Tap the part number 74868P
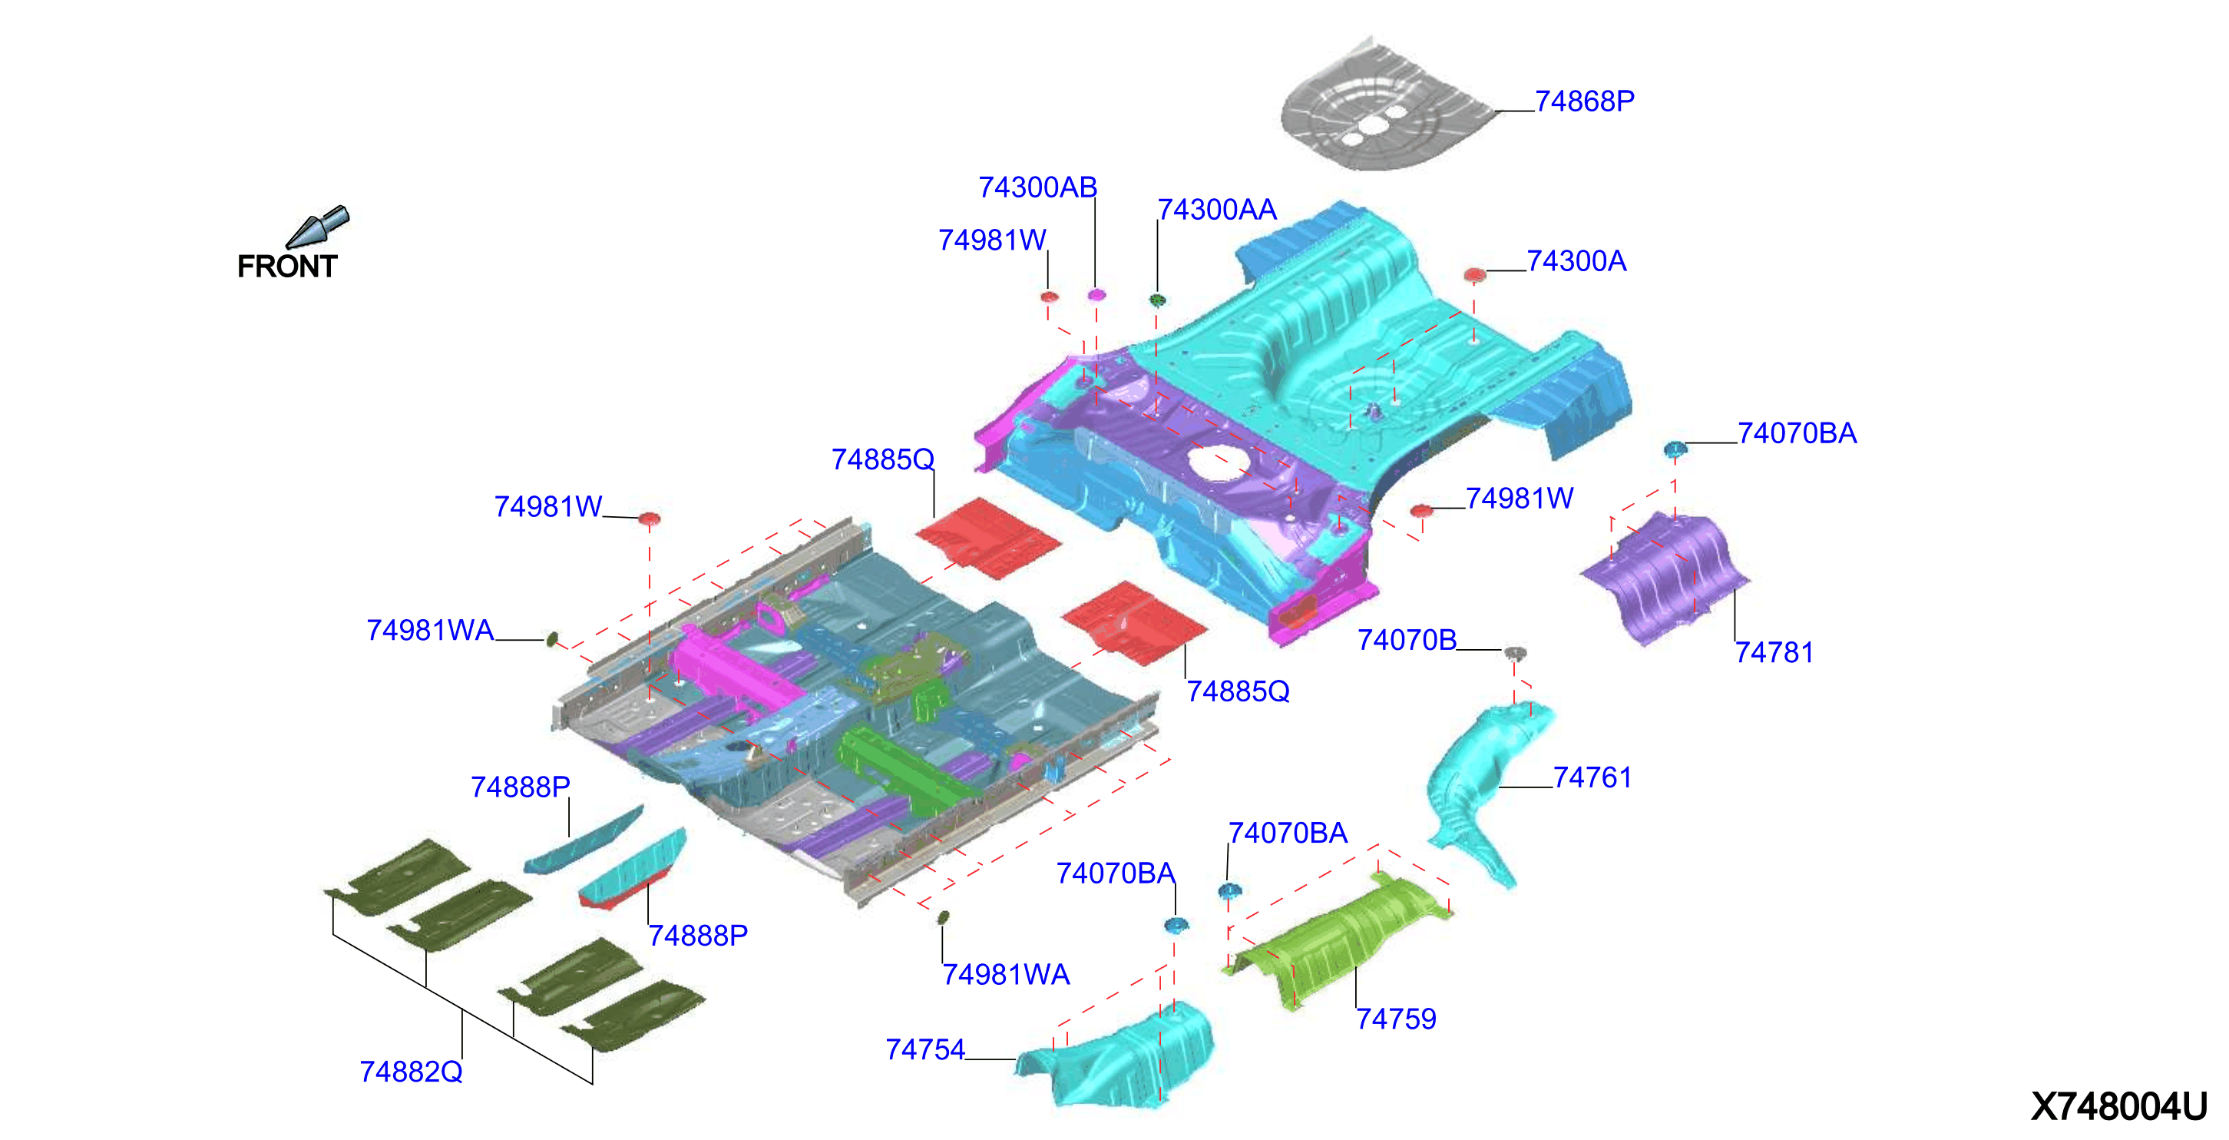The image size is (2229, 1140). (1584, 101)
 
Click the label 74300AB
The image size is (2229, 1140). (1037, 187)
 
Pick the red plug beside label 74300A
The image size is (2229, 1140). (1474, 275)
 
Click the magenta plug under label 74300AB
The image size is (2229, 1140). (1096, 294)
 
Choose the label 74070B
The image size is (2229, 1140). (1407, 640)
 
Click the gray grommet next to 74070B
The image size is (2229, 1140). (1514, 651)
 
